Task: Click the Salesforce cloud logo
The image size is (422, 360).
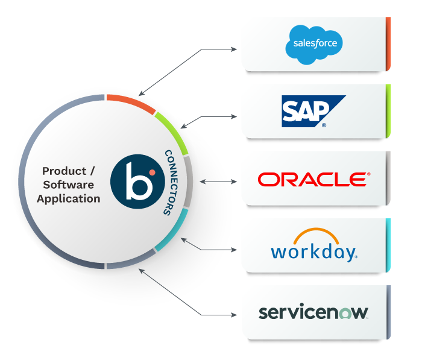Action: coord(313,44)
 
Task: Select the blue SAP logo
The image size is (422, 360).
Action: coord(313,111)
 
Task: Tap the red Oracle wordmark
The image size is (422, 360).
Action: coord(313,179)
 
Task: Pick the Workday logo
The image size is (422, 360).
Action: coord(313,245)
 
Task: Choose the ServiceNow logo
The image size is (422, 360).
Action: coord(313,312)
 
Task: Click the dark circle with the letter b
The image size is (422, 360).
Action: coord(134,180)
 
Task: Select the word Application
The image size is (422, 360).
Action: coord(69,198)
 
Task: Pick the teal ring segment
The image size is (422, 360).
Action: coord(174,230)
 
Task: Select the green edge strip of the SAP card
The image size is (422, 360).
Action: coord(388,111)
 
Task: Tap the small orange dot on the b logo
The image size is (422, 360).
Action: coord(152,172)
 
